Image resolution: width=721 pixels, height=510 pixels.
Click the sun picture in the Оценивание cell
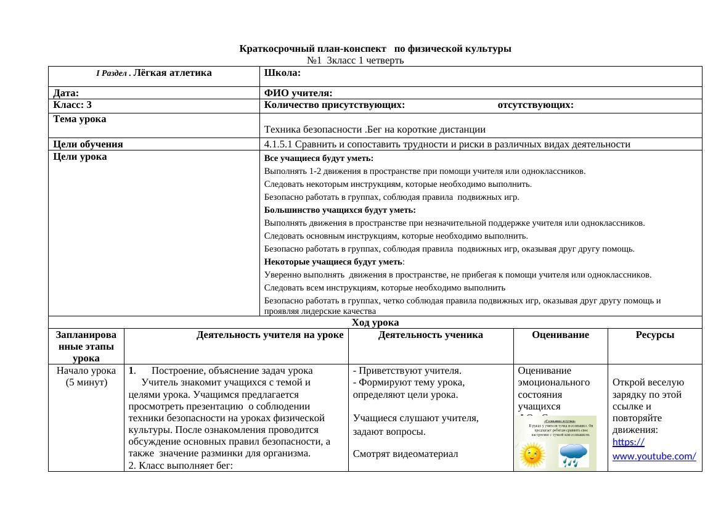click(534, 456)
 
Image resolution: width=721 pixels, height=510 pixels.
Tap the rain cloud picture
click(572, 456)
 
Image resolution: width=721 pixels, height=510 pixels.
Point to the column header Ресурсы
click(654, 335)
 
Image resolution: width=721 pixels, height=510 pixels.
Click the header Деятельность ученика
click(430, 335)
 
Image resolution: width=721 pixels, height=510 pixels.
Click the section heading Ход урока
click(375, 323)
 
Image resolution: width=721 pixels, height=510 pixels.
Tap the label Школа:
click(282, 73)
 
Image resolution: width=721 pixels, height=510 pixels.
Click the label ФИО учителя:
click(298, 93)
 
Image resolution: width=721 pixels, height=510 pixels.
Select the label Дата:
click(66, 93)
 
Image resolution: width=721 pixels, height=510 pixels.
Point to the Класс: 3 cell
click(73, 105)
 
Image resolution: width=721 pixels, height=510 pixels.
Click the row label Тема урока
click(79, 118)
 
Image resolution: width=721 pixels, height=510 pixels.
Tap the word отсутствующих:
click(536, 105)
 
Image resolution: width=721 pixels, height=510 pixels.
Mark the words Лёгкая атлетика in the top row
click(172, 73)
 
